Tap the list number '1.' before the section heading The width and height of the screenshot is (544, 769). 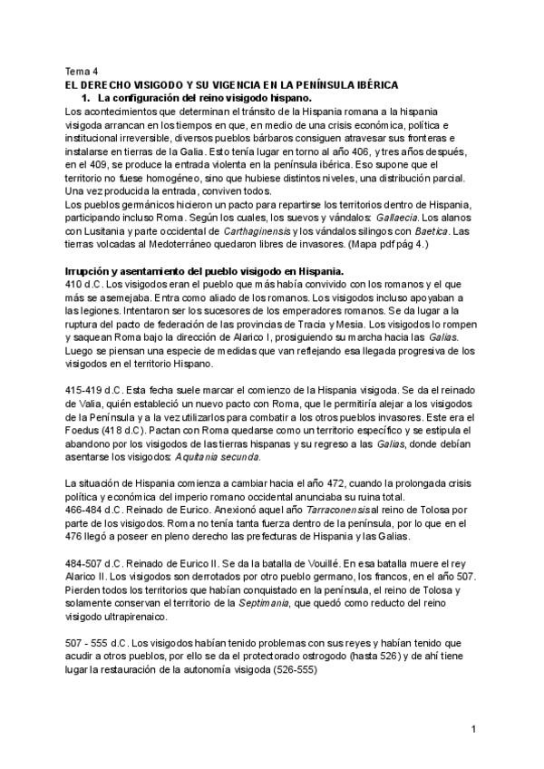pos(87,97)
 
